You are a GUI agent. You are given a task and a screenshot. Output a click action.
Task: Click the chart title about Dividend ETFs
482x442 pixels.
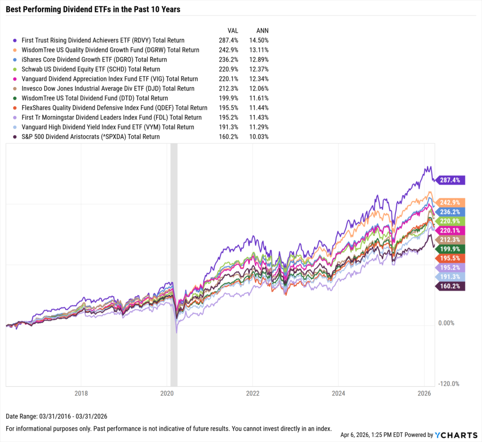pyautogui.click(x=93, y=9)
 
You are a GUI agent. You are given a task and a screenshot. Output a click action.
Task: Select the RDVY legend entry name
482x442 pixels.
pyautogui.click(x=103, y=40)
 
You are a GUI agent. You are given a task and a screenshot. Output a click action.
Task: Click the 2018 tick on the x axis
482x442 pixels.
pyautogui.click(x=81, y=393)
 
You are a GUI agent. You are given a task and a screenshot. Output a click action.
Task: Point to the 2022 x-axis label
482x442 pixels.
pyautogui.click(x=253, y=393)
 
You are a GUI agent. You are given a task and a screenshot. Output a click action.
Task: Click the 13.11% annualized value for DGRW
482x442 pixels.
pyautogui.click(x=259, y=50)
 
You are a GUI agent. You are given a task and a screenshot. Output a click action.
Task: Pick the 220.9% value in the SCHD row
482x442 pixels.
pyautogui.click(x=228, y=69)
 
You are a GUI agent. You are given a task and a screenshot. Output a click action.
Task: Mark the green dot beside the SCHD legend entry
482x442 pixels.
pyautogui.click(x=16, y=70)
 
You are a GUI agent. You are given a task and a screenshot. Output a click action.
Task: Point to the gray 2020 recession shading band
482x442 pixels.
pyautogui.click(x=174, y=264)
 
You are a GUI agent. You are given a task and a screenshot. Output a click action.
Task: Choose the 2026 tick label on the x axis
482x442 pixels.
pyautogui.click(x=425, y=393)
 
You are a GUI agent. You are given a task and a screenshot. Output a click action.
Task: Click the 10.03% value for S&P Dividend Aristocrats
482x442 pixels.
pyautogui.click(x=259, y=137)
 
